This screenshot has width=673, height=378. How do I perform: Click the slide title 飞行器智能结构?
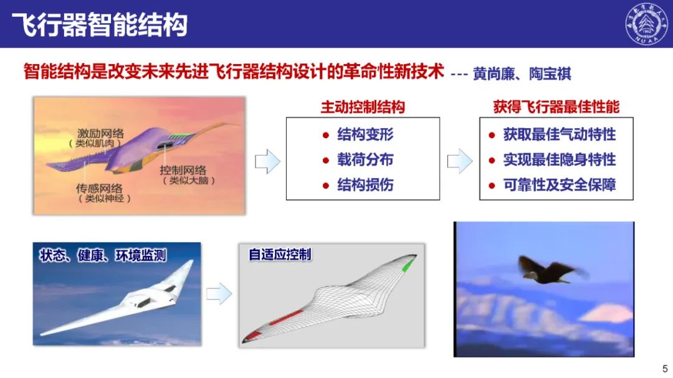pos(100,24)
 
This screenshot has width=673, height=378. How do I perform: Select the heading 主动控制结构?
pos(363,107)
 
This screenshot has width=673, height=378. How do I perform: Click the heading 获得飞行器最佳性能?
pos(556,107)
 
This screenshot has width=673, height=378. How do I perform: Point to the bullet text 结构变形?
pos(365,135)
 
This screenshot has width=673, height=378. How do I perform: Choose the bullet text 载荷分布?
pos(365,159)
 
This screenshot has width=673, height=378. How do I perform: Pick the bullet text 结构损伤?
pos(365,185)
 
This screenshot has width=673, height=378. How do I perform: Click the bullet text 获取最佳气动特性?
pos(560,135)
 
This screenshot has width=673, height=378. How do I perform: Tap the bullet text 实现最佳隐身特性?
pos(560,159)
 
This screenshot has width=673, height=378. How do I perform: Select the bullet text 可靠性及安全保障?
pos(560,185)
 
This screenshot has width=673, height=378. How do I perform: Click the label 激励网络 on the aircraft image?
pos(100,133)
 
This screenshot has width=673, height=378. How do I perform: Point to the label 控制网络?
pos(183,170)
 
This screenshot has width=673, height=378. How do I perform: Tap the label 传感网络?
pos(99,188)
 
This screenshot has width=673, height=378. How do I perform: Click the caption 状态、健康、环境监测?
pos(103,256)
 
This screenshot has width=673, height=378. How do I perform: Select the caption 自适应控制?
pos(280,255)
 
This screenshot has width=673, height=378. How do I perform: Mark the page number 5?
pos(665,369)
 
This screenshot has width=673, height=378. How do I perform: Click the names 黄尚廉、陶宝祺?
pos(522,74)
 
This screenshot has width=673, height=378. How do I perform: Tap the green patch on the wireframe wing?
pos(408,265)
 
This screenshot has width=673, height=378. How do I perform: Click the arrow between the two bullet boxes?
pos(460,161)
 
